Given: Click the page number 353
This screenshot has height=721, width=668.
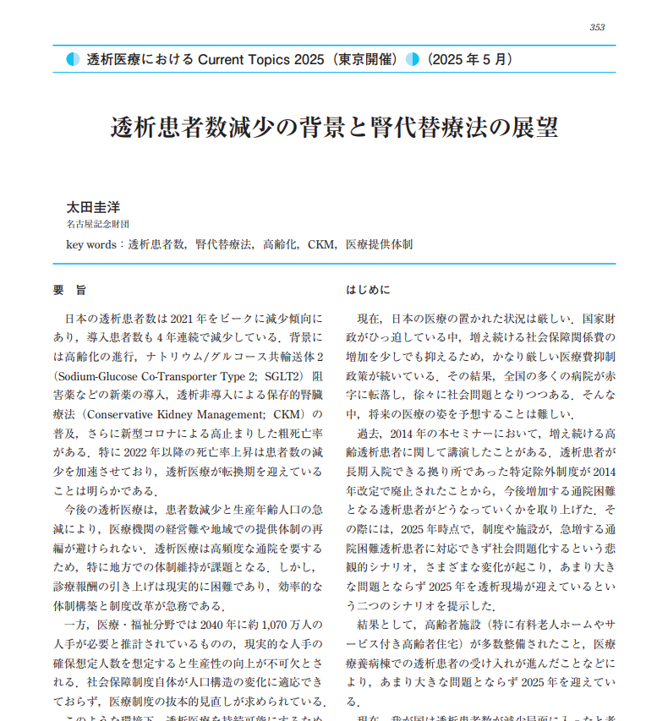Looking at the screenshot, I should (597, 27).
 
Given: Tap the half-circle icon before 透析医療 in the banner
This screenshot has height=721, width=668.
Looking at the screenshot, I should (74, 59).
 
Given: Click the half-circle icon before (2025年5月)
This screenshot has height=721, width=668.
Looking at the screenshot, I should (413, 59).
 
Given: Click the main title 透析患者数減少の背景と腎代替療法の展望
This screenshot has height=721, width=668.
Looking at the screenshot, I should (333, 128).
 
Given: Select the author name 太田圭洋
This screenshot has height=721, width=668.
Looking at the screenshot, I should (93, 206).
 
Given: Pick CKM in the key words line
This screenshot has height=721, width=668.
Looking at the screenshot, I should (320, 244).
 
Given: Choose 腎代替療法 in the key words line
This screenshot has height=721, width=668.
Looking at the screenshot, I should (224, 244).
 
